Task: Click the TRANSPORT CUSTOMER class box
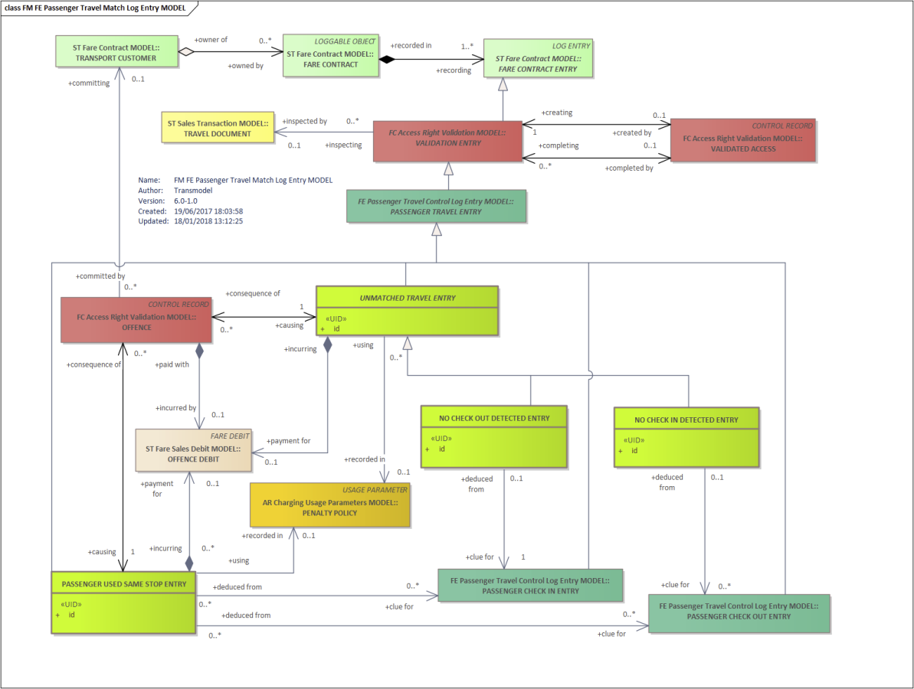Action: [115, 52]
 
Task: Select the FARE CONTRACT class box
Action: [330, 55]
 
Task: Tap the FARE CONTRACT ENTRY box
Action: [537, 57]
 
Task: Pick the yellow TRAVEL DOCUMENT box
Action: [218, 128]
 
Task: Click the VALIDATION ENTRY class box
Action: [447, 141]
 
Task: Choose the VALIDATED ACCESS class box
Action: [742, 140]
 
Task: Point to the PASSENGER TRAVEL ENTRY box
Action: [435, 206]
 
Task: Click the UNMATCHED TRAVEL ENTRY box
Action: [407, 311]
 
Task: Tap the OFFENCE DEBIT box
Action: [193, 449]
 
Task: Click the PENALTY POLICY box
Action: [330, 505]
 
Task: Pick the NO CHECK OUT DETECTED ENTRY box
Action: [494, 436]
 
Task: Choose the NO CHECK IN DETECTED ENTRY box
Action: [686, 437]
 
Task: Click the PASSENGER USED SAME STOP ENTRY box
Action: [123, 602]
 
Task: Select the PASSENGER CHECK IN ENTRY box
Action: [529, 586]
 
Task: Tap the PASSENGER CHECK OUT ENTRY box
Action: [739, 612]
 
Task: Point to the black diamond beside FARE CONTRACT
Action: [388, 58]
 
